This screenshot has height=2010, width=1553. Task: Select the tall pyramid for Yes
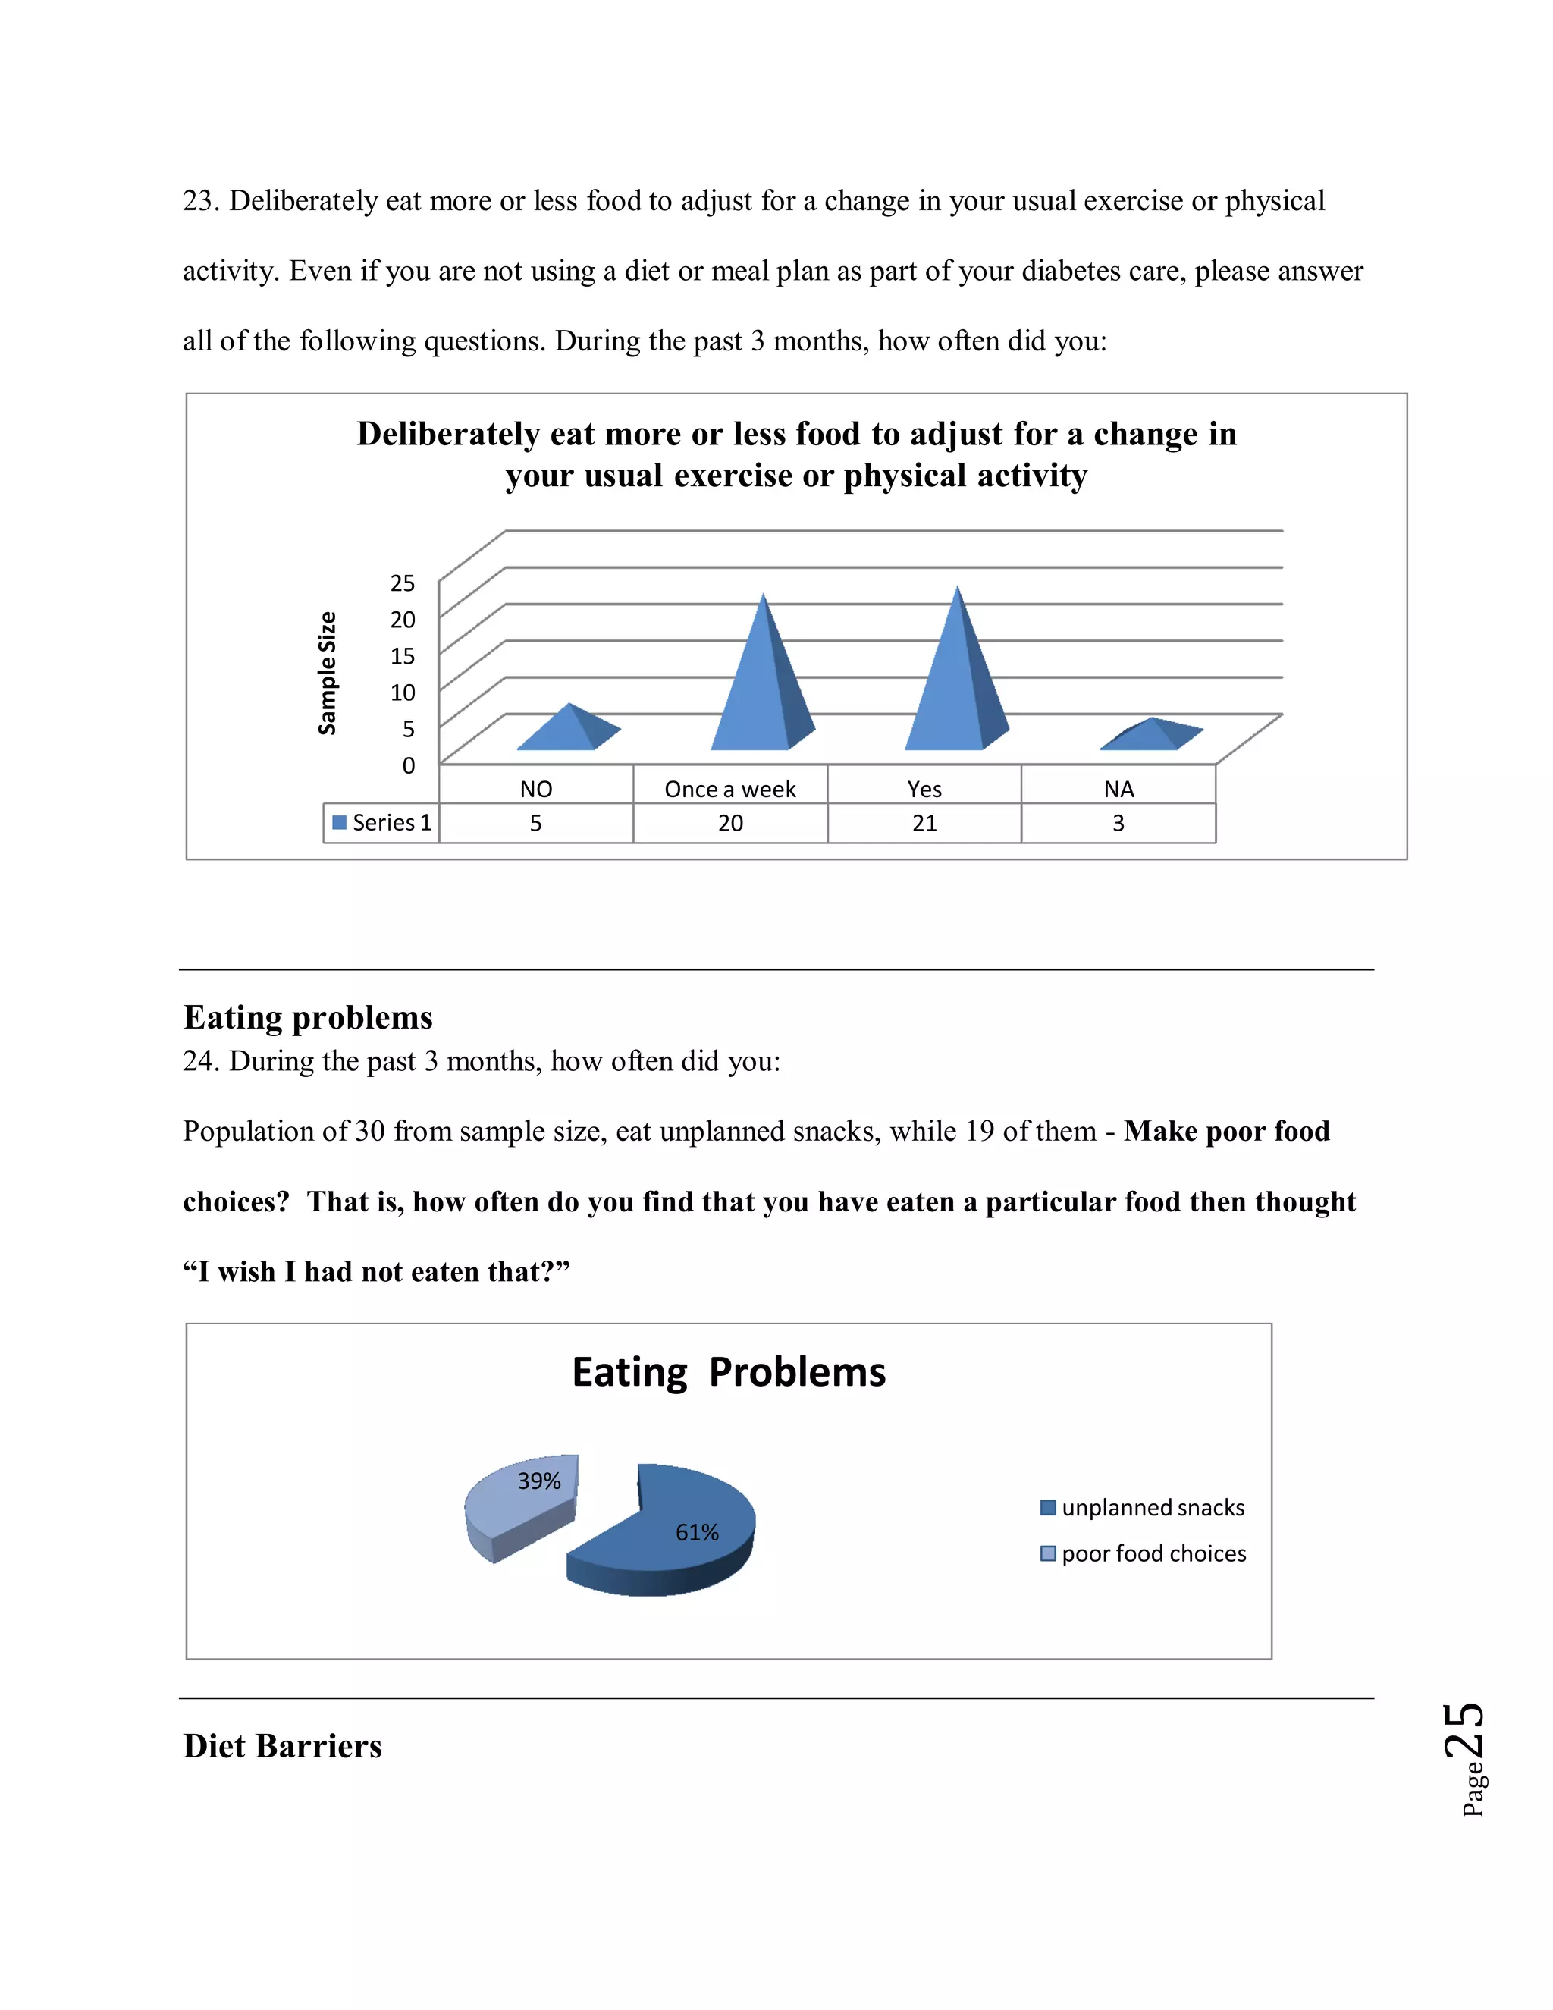(x=957, y=686)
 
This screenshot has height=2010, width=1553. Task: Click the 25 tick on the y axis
(x=402, y=583)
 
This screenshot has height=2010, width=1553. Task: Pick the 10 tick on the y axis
(x=402, y=692)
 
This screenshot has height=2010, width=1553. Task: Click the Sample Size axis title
(x=327, y=673)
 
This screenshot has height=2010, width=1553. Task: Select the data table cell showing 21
(x=924, y=823)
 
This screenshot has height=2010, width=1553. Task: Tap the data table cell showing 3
(x=1118, y=823)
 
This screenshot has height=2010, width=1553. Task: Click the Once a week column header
(x=729, y=789)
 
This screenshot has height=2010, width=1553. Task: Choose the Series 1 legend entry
(x=382, y=823)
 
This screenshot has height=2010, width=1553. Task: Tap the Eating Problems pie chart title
(x=729, y=1371)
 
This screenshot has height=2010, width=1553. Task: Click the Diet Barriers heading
(x=282, y=1746)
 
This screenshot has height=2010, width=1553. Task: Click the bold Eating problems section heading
(x=307, y=1017)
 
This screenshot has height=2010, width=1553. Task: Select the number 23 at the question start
(x=198, y=201)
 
